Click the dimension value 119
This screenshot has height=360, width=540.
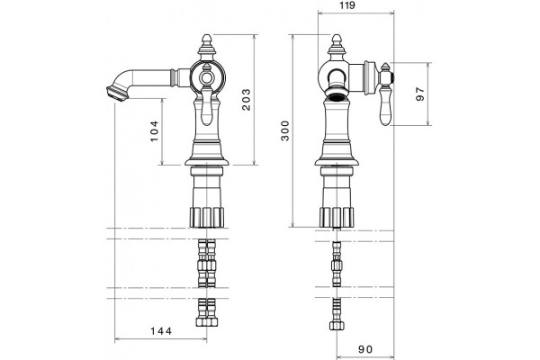[347, 5]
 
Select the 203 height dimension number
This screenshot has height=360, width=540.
[247, 100]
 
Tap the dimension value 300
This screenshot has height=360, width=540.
[285, 130]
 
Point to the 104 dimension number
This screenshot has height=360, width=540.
[154, 130]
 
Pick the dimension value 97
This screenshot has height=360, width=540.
[420, 94]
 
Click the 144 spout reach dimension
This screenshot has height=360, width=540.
[161, 331]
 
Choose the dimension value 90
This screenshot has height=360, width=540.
[365, 349]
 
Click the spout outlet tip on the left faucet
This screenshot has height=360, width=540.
[114, 94]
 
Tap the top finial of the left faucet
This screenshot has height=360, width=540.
[206, 41]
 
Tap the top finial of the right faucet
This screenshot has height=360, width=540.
[337, 41]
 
